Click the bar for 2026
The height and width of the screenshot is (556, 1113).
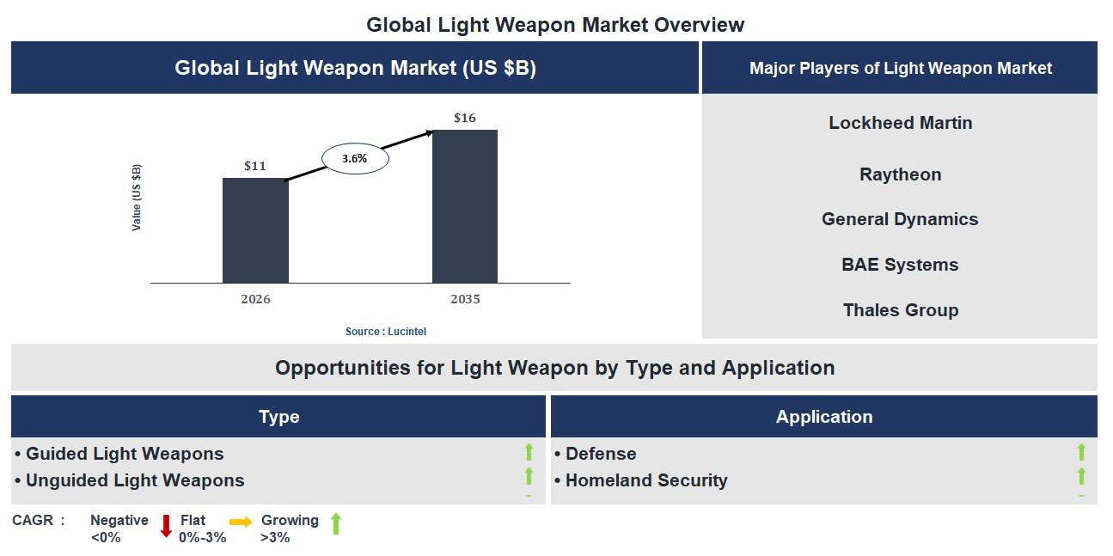[255, 230]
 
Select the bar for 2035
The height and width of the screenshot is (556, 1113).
[464, 206]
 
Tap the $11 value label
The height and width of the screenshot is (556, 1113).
[255, 166]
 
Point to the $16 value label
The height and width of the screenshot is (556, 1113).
[465, 118]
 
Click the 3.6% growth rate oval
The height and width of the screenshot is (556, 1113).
[355, 159]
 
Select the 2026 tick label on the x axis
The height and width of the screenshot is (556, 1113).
[255, 299]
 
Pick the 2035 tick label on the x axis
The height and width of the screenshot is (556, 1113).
[465, 299]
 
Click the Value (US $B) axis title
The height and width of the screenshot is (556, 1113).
[137, 198]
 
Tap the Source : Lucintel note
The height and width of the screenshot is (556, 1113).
[386, 331]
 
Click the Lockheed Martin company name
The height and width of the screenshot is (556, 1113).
[900, 123]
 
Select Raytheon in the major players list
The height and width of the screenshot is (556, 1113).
[900, 174]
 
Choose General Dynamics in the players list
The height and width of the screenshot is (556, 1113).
[900, 219]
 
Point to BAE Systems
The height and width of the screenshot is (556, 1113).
[900, 265]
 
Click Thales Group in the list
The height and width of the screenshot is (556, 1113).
[900, 310]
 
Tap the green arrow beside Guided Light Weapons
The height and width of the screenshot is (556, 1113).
[529, 452]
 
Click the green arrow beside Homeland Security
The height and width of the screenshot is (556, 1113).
[1081, 476]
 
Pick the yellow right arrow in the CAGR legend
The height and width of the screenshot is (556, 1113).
[241, 522]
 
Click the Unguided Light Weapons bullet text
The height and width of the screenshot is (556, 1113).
[135, 480]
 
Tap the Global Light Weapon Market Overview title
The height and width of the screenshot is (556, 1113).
[555, 25]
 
